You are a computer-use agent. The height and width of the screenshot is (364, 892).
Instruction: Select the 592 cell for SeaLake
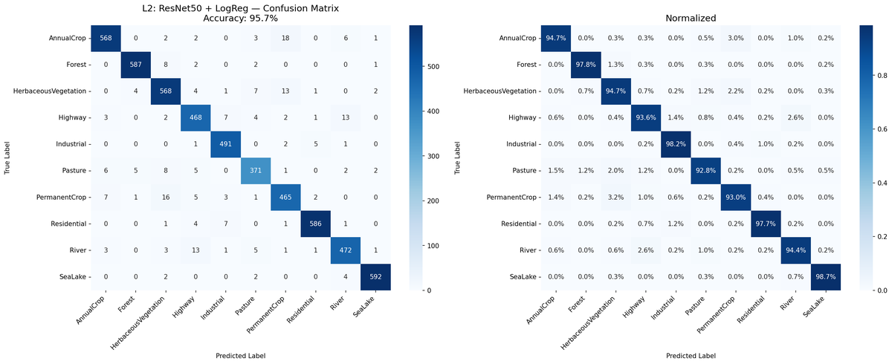pos(375,276)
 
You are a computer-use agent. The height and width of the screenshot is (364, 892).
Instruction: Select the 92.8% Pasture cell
pos(705,171)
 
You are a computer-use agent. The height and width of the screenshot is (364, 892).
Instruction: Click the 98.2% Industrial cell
pos(674,145)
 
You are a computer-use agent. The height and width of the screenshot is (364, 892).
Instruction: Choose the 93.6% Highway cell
pos(644,118)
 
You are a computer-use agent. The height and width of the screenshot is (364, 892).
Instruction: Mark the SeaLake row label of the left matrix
pos(67,276)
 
